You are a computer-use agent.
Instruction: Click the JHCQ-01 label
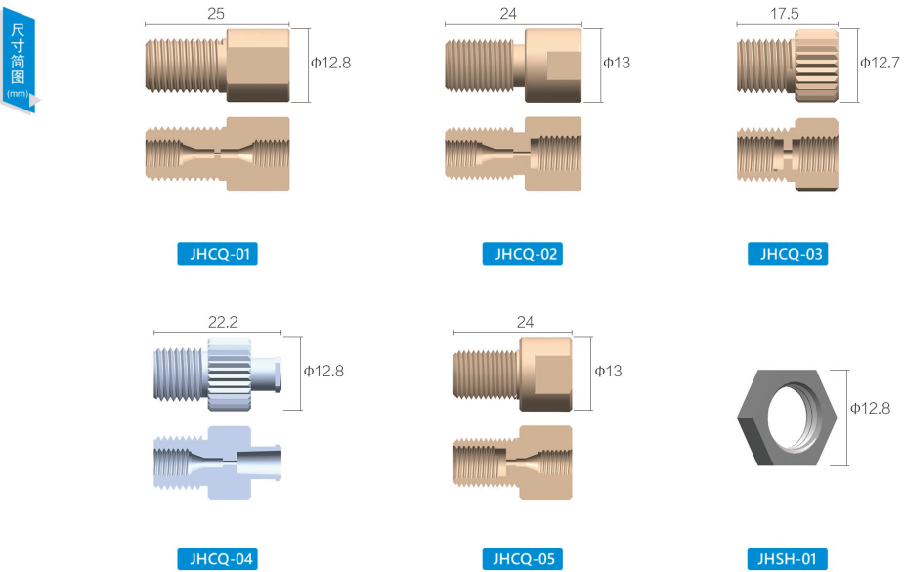[217, 254]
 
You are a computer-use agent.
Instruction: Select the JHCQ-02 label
[522, 254]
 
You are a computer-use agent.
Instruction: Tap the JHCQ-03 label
[788, 254]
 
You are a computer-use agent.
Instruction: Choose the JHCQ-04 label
[217, 558]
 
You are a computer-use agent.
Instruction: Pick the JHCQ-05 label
[522, 558]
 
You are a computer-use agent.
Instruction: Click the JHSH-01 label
[788, 558]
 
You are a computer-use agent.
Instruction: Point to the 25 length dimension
[216, 14]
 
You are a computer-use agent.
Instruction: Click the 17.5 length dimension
[785, 14]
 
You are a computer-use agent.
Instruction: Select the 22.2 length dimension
[223, 322]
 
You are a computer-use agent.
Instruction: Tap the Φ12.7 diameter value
[880, 63]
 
